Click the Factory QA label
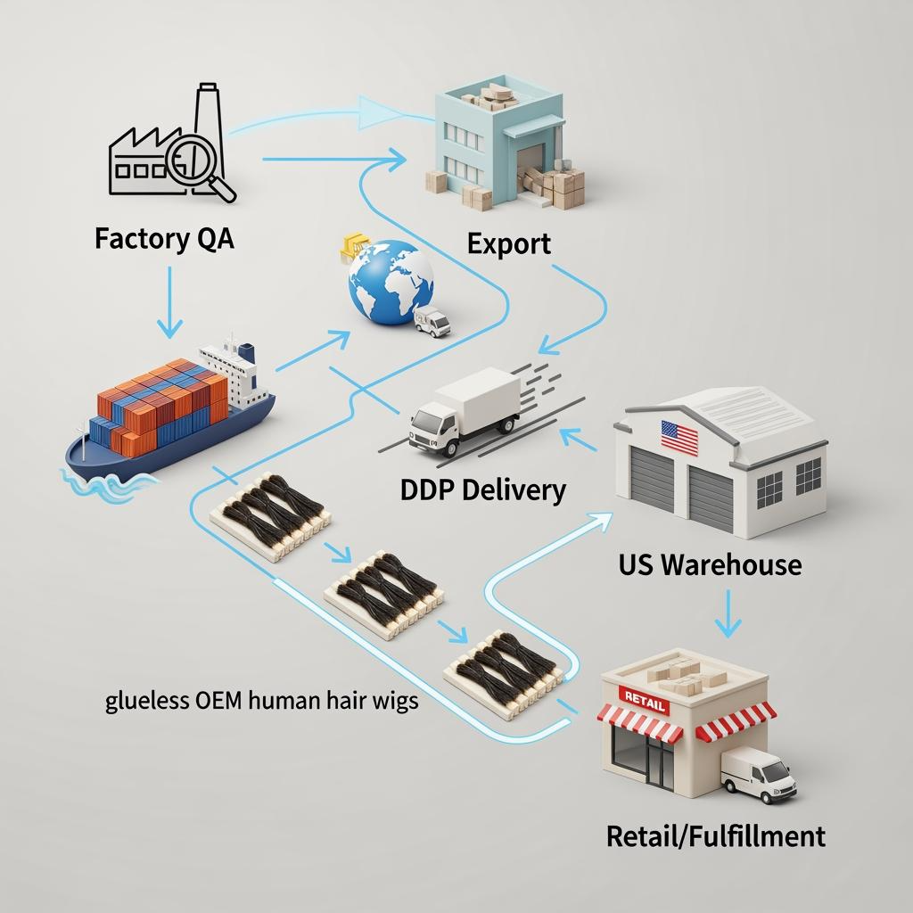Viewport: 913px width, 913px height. [164, 240]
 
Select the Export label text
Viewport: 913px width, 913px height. [509, 243]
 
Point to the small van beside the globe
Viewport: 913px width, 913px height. [433, 321]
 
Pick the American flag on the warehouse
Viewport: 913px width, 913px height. [679, 436]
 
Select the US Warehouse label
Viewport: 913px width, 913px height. [710, 564]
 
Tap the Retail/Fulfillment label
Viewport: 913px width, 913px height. [715, 836]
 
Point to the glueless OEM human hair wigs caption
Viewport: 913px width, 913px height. [262, 700]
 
